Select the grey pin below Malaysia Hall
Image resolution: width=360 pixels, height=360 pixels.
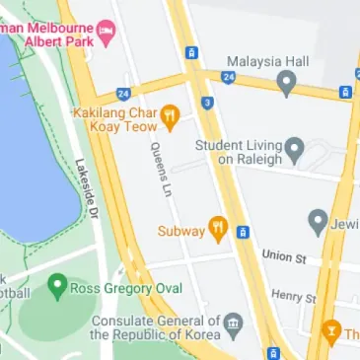coord(287,83)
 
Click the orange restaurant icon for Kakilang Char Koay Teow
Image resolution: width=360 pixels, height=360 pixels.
coord(170,117)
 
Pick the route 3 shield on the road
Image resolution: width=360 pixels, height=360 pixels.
coord(207,103)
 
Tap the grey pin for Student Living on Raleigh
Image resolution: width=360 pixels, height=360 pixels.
coord(294,152)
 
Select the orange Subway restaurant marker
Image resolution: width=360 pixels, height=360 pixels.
coord(217,231)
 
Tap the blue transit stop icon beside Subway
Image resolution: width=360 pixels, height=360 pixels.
coord(243,233)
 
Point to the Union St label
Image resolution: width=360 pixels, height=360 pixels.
coord(283,255)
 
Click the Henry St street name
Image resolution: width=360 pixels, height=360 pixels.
coord(294,295)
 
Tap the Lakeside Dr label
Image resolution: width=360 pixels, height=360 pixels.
coord(87,189)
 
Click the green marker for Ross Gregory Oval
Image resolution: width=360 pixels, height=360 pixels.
coord(57,289)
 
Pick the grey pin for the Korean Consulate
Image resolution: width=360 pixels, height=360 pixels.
coord(233,324)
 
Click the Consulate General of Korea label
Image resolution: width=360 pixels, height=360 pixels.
coord(155,327)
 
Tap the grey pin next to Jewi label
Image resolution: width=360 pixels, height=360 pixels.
coord(318,221)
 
